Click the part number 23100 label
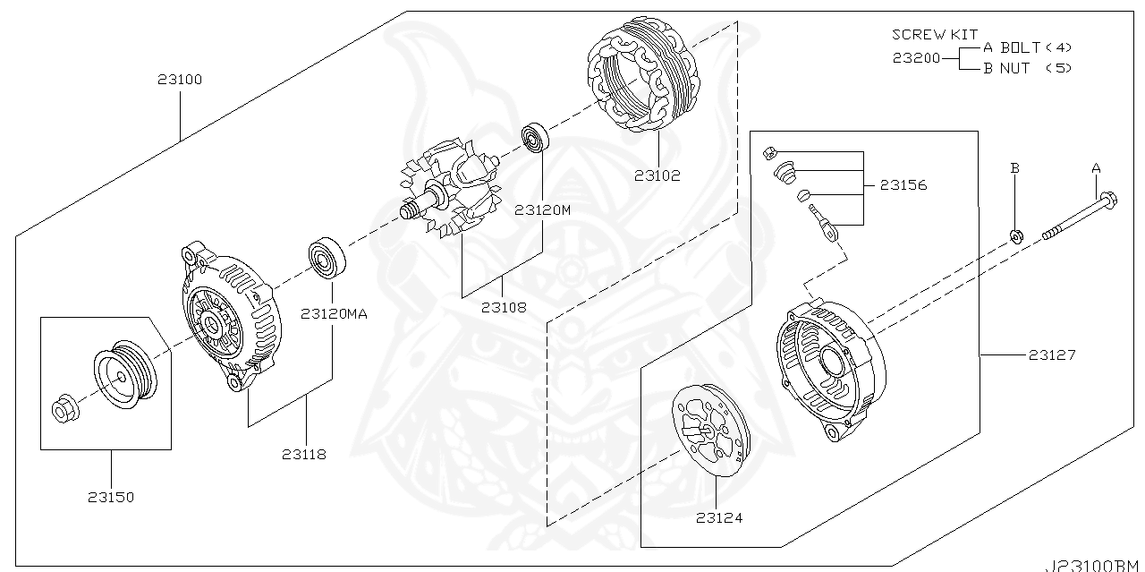coord(180,80)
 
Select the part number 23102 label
coord(657,175)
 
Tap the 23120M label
coord(542,211)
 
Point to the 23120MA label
coord(334,314)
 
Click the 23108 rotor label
coord(503,307)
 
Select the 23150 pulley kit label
coord(111,497)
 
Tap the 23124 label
coord(719,517)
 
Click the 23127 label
coord(1051,355)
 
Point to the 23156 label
coord(903,185)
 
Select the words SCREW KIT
coord(934,34)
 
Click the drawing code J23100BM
coord(1094,565)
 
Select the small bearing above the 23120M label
coord(535,137)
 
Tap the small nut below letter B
coord(1016,236)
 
